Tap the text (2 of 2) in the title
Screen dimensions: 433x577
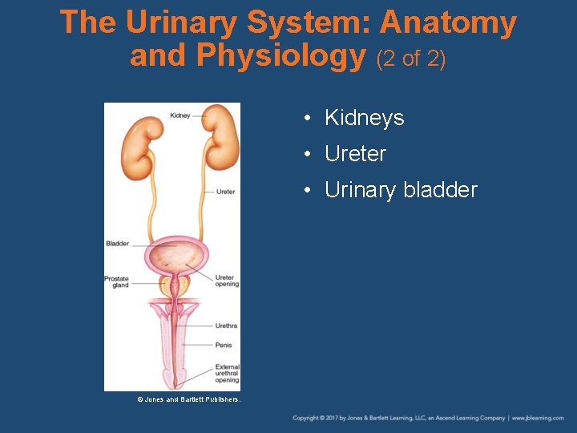click(410, 58)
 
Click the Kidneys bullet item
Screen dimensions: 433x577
click(365, 118)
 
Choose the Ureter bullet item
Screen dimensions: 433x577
click(355, 154)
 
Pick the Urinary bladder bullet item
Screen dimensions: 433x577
click(401, 190)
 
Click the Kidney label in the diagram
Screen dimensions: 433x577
click(180, 115)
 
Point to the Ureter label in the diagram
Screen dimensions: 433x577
click(225, 192)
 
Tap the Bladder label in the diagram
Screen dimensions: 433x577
click(117, 243)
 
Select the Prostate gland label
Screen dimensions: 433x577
click(117, 281)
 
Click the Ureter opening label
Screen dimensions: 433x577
click(227, 281)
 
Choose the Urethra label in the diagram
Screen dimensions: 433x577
click(226, 326)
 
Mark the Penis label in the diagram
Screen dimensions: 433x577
click(224, 345)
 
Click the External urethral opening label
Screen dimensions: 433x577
click(227, 373)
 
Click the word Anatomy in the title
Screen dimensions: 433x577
click(448, 22)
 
